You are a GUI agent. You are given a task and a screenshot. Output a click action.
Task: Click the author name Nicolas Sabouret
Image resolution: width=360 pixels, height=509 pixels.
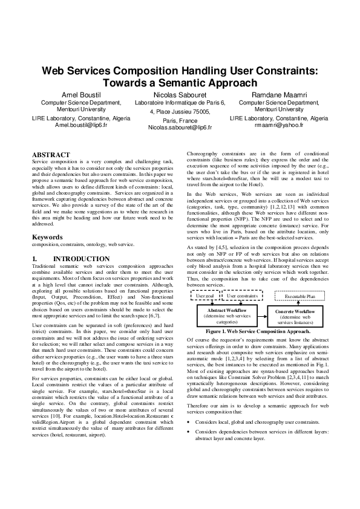[180, 96]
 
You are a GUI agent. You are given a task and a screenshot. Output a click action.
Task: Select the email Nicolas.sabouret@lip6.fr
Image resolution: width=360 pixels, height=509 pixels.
[180, 128]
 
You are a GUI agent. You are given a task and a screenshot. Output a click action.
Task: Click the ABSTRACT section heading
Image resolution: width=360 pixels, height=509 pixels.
[51, 155]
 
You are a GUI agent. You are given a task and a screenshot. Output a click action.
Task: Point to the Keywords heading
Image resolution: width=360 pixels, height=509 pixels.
[48, 237]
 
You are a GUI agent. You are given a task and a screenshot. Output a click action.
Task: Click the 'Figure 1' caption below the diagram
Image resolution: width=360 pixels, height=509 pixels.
[258, 331]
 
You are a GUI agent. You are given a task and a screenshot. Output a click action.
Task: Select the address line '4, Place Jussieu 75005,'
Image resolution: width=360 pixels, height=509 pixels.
[180, 111]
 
